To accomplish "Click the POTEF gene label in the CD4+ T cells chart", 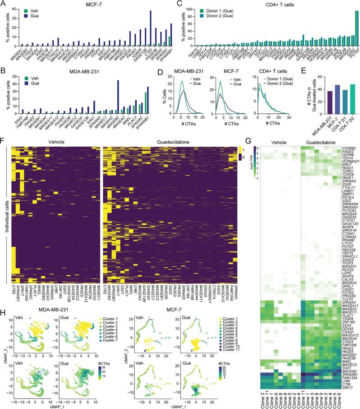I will (344, 51).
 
